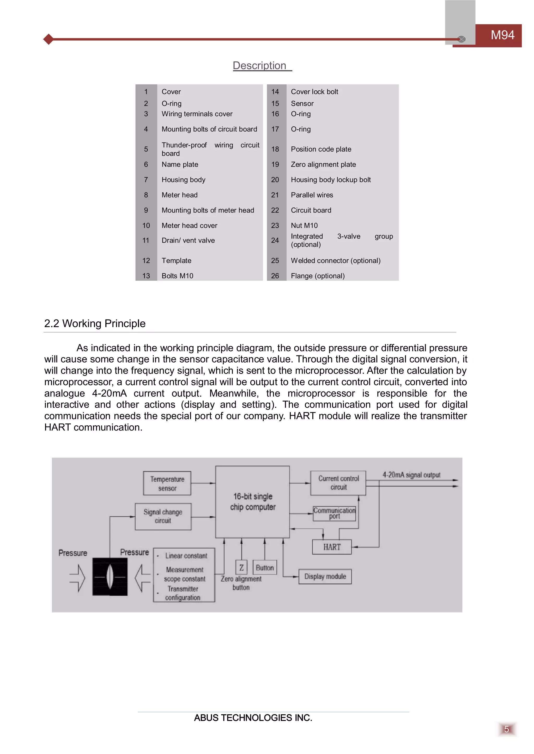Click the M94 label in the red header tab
(502, 35)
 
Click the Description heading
(259, 66)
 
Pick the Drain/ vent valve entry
(188, 240)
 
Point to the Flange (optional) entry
(318, 276)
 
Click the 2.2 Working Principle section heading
(95, 323)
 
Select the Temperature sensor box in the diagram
(167, 483)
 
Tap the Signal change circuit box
(163, 516)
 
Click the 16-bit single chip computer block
(253, 501)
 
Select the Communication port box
(334, 513)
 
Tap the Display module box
(325, 576)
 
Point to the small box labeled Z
(241, 568)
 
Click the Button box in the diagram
(265, 568)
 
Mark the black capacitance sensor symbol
(110, 577)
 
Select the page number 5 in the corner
(506, 729)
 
